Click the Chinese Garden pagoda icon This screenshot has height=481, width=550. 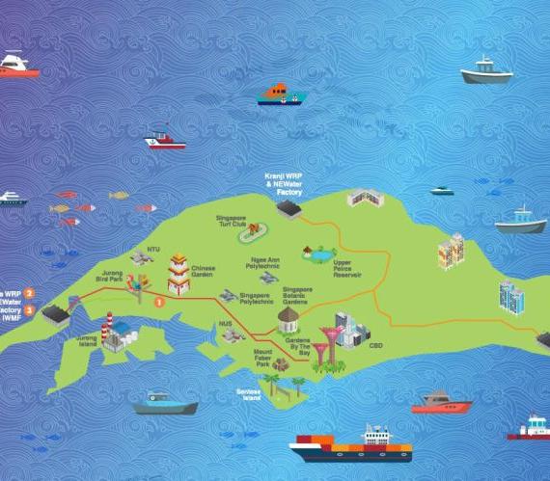tap(178, 273)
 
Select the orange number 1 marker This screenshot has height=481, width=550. tap(160, 301)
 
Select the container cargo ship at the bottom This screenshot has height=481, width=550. tap(351, 446)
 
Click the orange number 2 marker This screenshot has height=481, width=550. tap(30, 292)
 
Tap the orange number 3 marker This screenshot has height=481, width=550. tap(30, 310)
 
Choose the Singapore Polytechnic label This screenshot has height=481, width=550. tap(254, 298)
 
